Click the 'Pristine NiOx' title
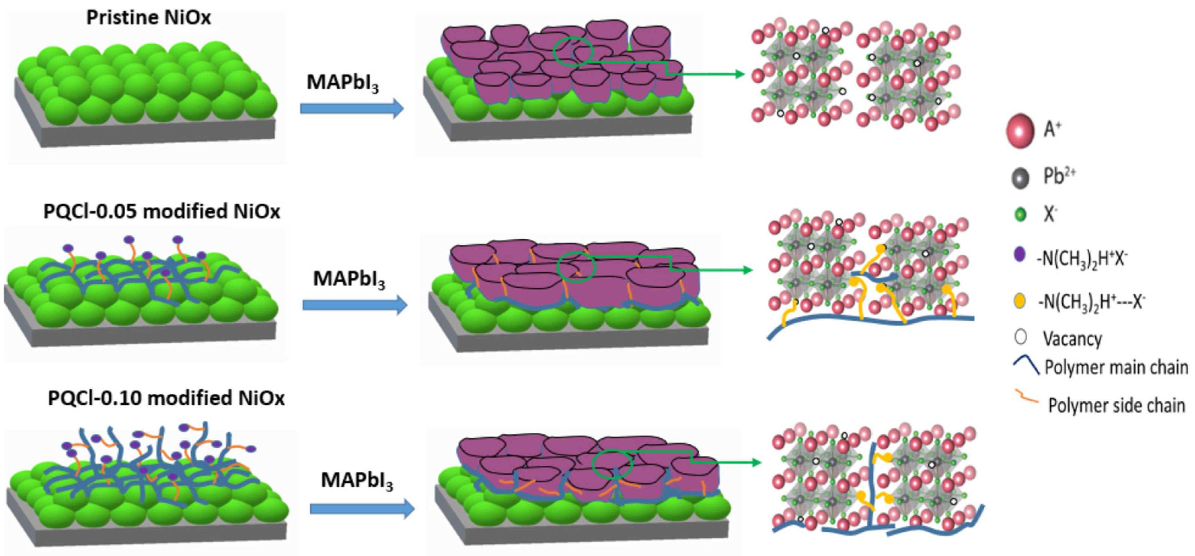tap(148, 18)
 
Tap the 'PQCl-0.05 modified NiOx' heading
tap(162, 211)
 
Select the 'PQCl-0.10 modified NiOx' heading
tap(166, 398)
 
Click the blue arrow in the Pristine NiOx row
tap(352, 109)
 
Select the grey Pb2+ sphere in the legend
tap(1020, 178)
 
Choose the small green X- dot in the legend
tap(1020, 215)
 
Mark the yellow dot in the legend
tap(1019, 301)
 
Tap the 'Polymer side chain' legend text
tap(1117, 405)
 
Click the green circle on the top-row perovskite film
tap(573, 52)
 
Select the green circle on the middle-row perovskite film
tap(576, 267)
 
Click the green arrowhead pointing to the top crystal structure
tap(740, 74)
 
